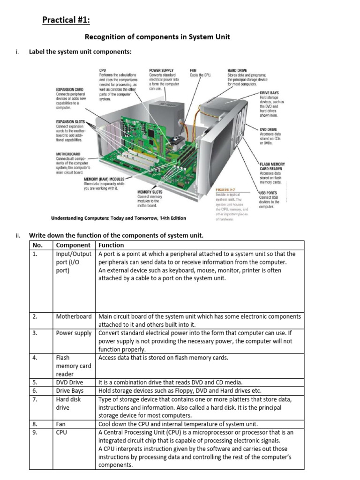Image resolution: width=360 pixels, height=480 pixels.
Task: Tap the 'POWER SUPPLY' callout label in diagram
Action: [x=162, y=69]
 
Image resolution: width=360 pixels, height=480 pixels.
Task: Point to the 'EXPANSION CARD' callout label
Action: [x=69, y=89]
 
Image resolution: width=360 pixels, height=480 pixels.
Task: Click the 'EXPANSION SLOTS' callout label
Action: [x=70, y=122]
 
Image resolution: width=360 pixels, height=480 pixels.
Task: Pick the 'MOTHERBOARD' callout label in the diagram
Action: [x=68, y=154]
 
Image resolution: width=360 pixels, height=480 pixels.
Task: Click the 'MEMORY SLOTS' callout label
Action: [x=150, y=192]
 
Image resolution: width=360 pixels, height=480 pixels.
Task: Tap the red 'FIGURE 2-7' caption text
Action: [x=225, y=189]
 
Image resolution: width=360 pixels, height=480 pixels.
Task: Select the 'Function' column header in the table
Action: [x=112, y=245]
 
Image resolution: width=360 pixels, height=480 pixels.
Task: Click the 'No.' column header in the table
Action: [x=37, y=245]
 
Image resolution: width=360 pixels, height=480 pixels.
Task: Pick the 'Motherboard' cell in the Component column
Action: [x=74, y=316]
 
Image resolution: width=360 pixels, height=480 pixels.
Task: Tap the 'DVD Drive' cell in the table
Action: [x=69, y=382]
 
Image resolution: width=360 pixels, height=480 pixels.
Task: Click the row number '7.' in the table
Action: [x=35, y=399]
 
